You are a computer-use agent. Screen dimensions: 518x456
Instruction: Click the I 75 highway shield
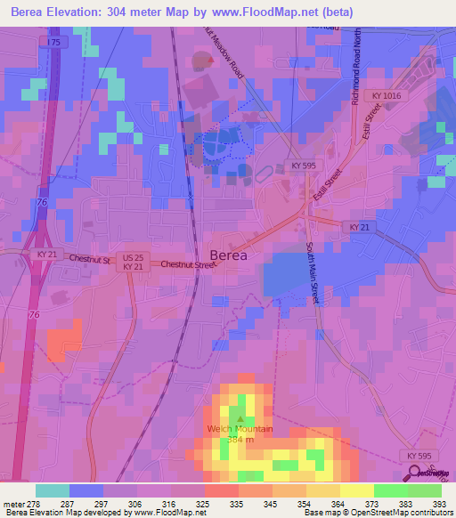(55, 42)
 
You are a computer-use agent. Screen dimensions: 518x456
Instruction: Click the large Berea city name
(228, 253)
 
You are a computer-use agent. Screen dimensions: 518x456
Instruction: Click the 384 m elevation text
(239, 440)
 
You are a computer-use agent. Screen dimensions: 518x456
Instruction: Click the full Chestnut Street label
(188, 264)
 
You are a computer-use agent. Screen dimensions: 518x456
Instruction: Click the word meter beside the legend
(12, 503)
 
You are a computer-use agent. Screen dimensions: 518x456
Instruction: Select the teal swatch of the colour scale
(53, 490)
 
